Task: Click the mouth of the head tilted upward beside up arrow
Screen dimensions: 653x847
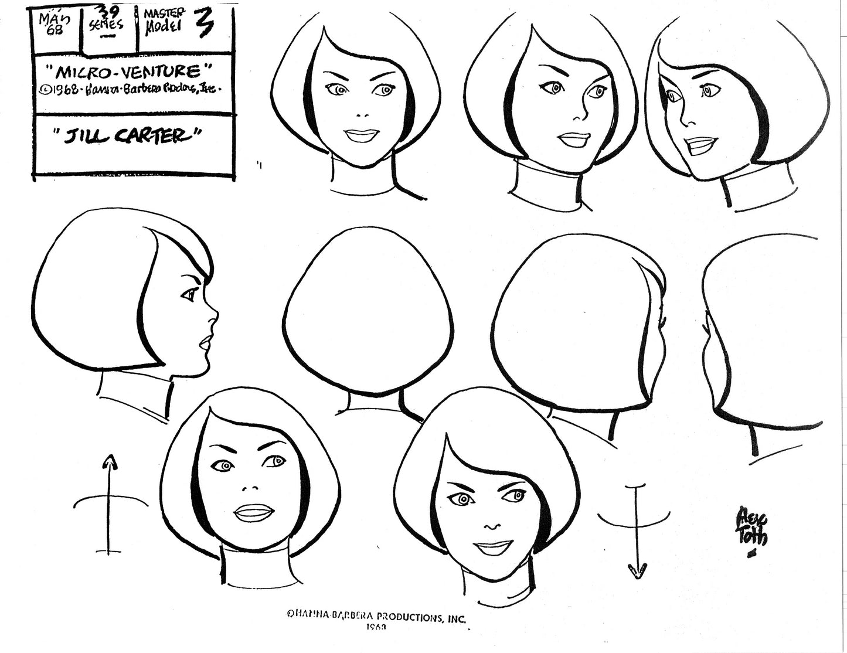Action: [x=253, y=512]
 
